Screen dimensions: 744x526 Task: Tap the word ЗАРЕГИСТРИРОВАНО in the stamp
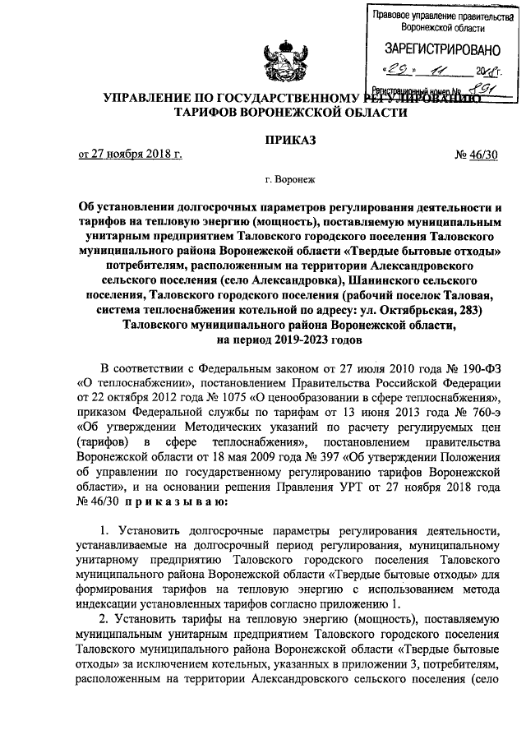[x=436, y=48]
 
